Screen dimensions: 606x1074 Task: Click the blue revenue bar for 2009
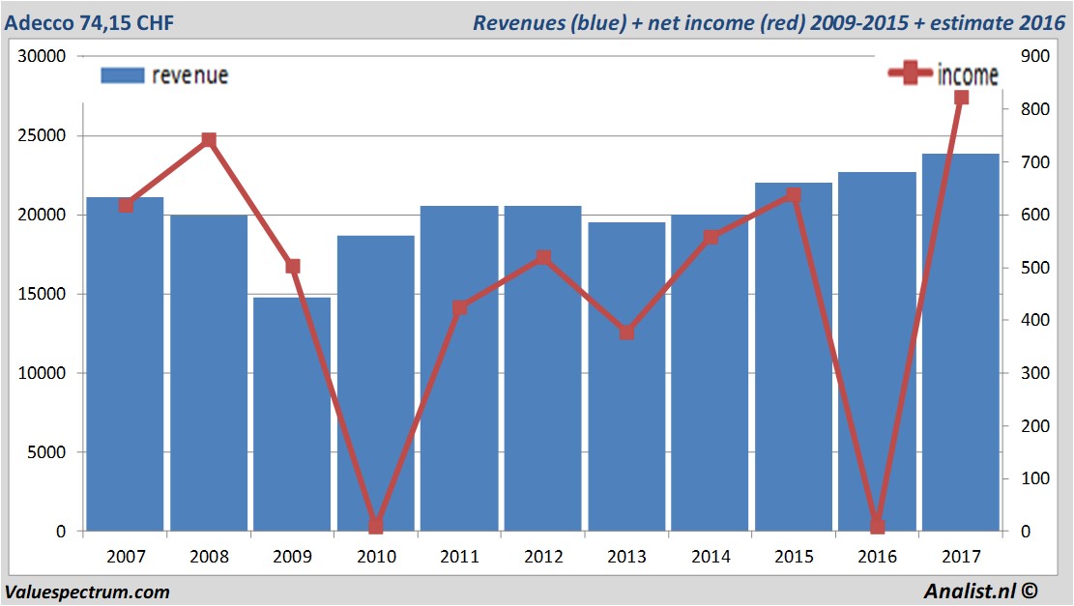(x=292, y=416)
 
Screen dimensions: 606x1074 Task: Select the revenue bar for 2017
(x=960, y=343)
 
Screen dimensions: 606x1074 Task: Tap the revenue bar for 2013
(x=626, y=377)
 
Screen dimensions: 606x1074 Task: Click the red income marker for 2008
(x=209, y=141)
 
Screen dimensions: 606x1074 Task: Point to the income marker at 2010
(x=376, y=527)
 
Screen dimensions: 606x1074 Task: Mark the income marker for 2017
(x=961, y=98)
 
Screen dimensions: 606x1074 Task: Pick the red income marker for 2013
(x=626, y=332)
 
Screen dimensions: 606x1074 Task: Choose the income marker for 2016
(x=877, y=527)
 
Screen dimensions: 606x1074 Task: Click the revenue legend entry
(x=164, y=75)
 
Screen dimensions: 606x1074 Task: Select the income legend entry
(x=943, y=74)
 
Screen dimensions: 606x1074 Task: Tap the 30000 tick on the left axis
(x=42, y=56)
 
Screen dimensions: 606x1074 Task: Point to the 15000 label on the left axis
(x=42, y=294)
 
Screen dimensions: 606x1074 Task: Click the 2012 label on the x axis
(x=542, y=557)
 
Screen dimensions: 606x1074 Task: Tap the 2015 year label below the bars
(x=793, y=557)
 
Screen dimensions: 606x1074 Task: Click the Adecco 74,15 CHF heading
(x=90, y=22)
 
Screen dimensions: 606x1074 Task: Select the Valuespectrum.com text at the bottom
(x=87, y=592)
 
